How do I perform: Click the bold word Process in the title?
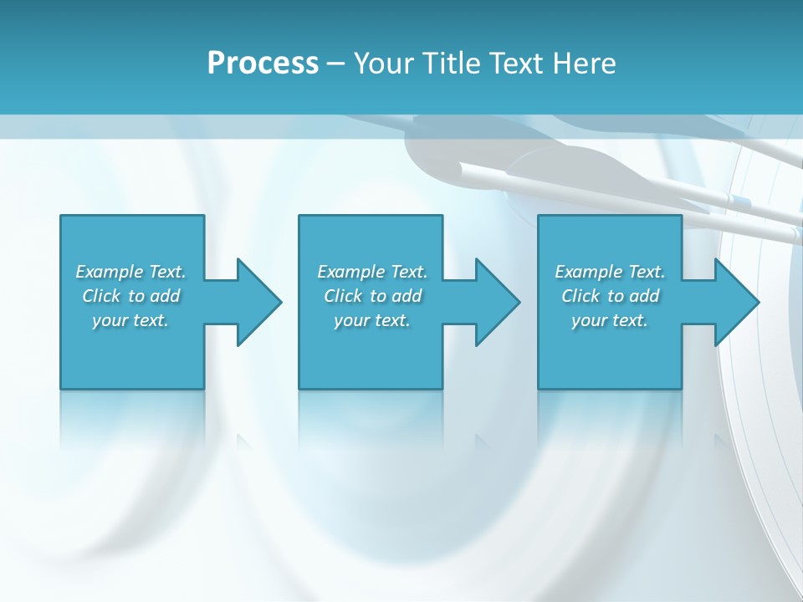(263, 64)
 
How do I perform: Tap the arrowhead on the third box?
(735, 302)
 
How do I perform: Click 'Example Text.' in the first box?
(130, 272)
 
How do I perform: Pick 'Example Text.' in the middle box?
(372, 272)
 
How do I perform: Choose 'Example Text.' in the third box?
(610, 272)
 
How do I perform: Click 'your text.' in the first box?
(130, 320)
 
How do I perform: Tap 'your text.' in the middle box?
(372, 320)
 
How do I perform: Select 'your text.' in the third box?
(610, 320)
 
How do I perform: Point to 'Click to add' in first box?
(130, 296)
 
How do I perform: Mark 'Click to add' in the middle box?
(372, 296)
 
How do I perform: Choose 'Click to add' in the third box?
(610, 296)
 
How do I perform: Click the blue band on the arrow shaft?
(739, 200)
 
